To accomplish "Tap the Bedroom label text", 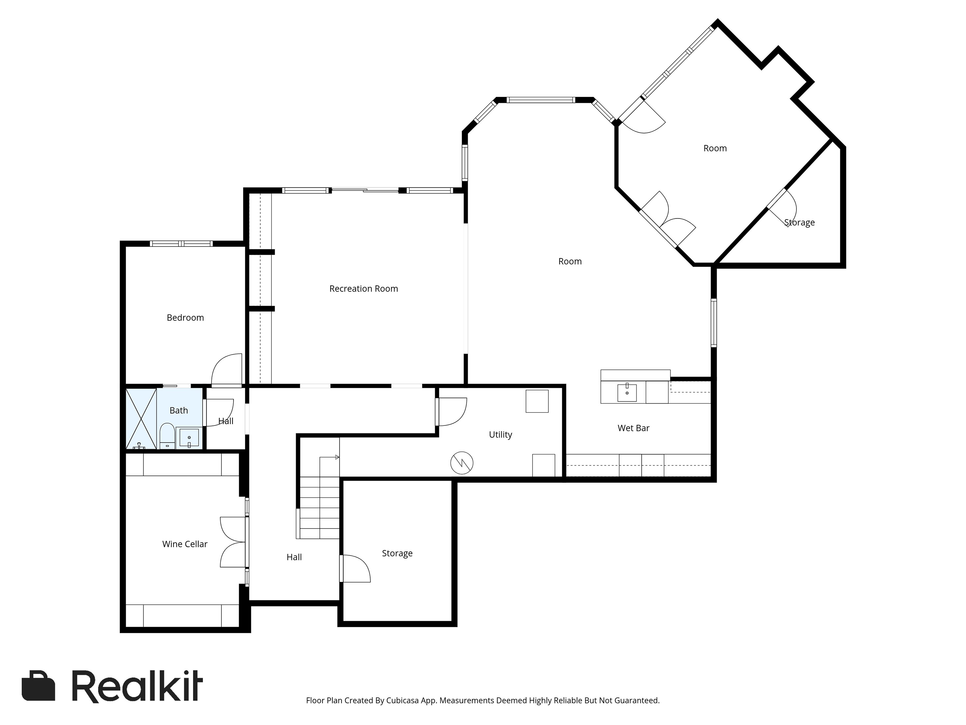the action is point(185,318).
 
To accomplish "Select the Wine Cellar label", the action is point(185,544).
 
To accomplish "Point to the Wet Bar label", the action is point(633,428).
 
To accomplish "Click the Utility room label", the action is point(501,435).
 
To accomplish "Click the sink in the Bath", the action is point(189,438).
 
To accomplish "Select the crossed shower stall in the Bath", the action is point(141,419).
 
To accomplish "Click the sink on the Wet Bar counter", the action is point(627,392).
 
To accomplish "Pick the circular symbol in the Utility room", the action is point(462,463).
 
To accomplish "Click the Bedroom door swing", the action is point(227,370).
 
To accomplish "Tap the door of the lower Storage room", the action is point(355,568).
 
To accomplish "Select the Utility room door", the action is point(452,412).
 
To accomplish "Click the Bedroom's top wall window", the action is point(181,244).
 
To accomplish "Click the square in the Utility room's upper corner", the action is point(537,401).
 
